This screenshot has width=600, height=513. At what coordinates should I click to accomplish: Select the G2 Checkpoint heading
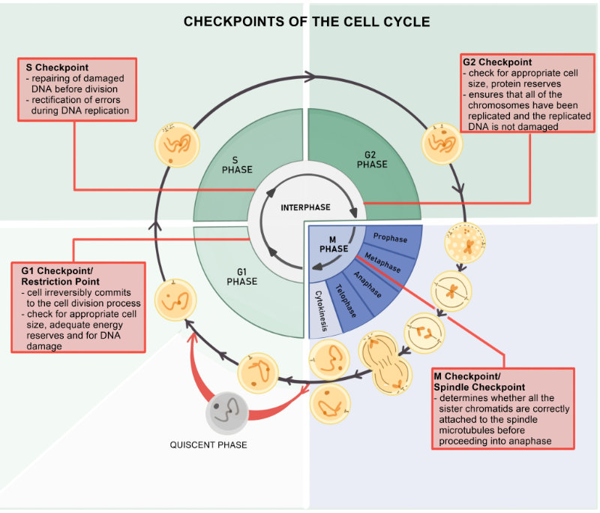point(496,62)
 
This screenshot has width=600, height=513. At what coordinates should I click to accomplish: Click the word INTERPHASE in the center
point(305,207)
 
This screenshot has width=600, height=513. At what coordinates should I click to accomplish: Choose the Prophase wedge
point(390,240)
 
